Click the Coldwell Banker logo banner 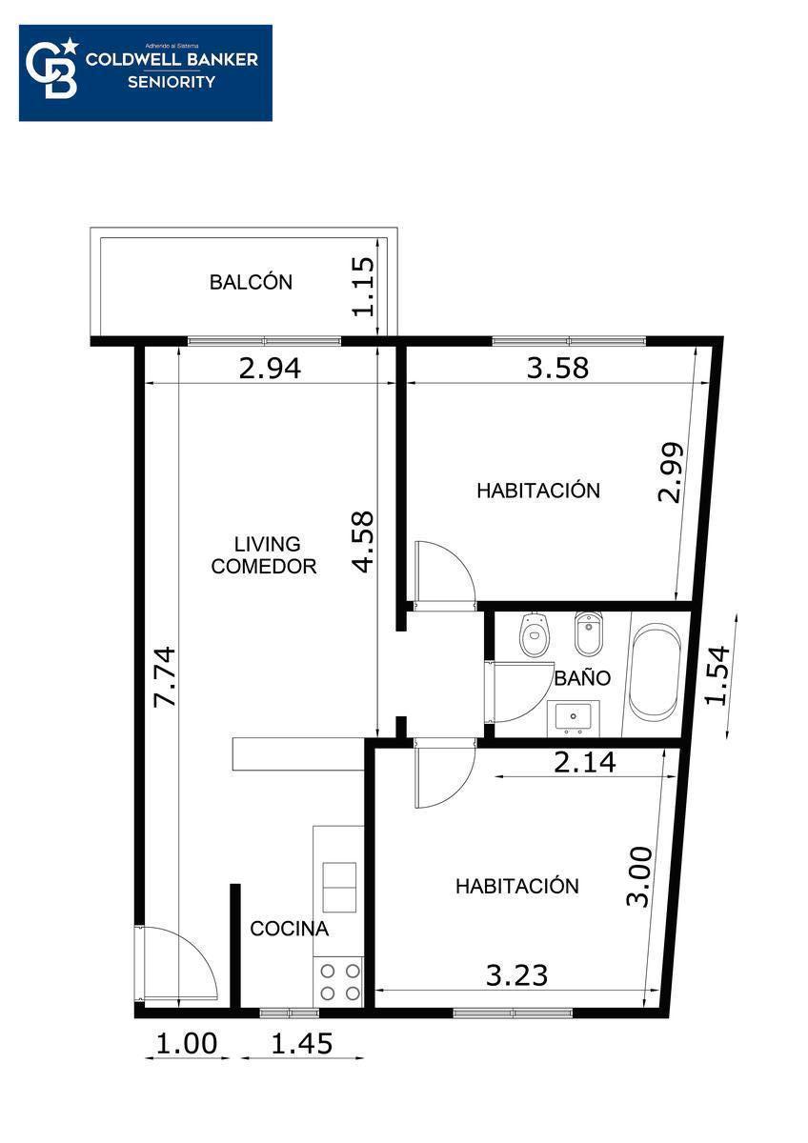point(146,73)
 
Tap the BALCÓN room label point(251,282)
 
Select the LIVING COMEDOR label point(264,555)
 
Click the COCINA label point(290,929)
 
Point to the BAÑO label point(582,677)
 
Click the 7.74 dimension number point(166,676)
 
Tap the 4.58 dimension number point(363,542)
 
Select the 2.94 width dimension point(270,369)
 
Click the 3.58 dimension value point(557,368)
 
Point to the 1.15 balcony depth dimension point(363,287)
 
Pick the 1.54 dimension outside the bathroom point(717,675)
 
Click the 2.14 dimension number point(585,763)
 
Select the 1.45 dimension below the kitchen point(302,1043)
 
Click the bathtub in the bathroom point(655,672)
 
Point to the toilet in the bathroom point(534,633)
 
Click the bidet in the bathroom point(588,632)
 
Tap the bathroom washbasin point(573,717)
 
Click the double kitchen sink point(339,888)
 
